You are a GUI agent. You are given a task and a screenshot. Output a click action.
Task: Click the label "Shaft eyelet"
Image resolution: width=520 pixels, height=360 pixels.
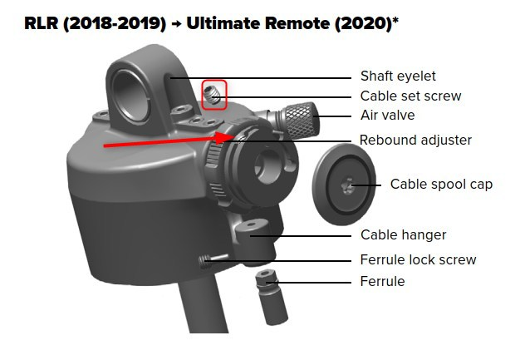[398, 76]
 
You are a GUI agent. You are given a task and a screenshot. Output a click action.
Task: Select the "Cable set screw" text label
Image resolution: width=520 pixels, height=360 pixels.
[410, 96]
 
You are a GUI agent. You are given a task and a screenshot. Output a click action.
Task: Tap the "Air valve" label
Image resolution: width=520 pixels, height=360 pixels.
[387, 115]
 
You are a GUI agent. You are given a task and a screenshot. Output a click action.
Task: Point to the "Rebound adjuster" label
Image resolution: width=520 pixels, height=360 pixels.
[415, 140]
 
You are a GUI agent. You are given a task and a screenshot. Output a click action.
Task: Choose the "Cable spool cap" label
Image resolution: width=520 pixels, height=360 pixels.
[441, 184]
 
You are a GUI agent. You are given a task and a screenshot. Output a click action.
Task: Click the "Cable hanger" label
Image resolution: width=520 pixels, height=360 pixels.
[403, 235]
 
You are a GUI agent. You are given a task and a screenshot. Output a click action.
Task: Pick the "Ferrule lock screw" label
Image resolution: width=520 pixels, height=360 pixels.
[418, 259]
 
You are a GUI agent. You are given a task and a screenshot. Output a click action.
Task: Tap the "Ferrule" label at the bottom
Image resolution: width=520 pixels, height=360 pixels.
[382, 281]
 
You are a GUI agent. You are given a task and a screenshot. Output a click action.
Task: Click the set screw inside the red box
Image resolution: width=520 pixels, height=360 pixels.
[213, 94]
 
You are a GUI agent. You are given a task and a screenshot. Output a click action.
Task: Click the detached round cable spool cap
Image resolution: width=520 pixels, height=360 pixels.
[344, 185]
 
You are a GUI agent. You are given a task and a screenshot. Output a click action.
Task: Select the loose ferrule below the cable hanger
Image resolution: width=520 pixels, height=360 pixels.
[272, 298]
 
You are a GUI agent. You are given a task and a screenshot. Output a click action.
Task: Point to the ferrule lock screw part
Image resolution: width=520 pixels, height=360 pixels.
[213, 261]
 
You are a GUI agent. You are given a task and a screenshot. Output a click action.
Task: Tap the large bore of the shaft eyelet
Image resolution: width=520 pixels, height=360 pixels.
[130, 96]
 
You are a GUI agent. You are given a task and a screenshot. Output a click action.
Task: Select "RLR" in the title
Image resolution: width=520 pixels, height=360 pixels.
[42, 23]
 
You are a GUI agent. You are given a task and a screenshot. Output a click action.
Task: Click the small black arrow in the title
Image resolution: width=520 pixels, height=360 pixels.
[176, 24]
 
